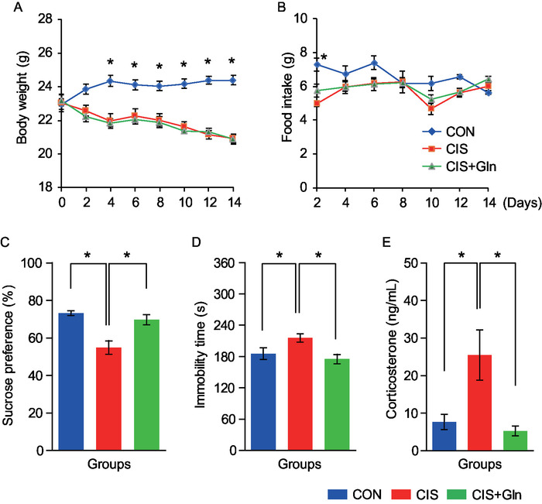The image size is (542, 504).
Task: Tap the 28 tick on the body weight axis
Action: click(x=36, y=18)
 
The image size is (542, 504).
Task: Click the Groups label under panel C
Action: click(x=108, y=466)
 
